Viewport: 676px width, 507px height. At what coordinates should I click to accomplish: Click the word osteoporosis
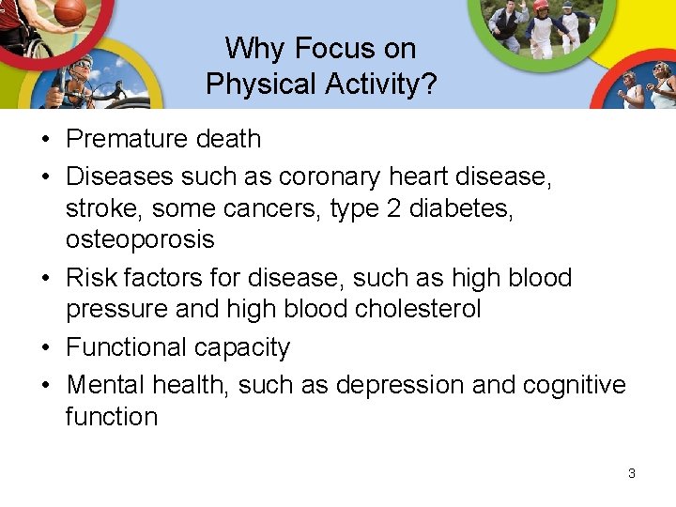coord(140,239)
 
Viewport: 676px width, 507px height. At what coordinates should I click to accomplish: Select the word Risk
coord(91,278)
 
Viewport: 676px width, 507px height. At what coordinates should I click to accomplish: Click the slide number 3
coord(631,473)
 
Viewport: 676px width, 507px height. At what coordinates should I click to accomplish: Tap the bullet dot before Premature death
coord(45,140)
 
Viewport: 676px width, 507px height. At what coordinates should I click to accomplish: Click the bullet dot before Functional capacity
coord(45,348)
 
